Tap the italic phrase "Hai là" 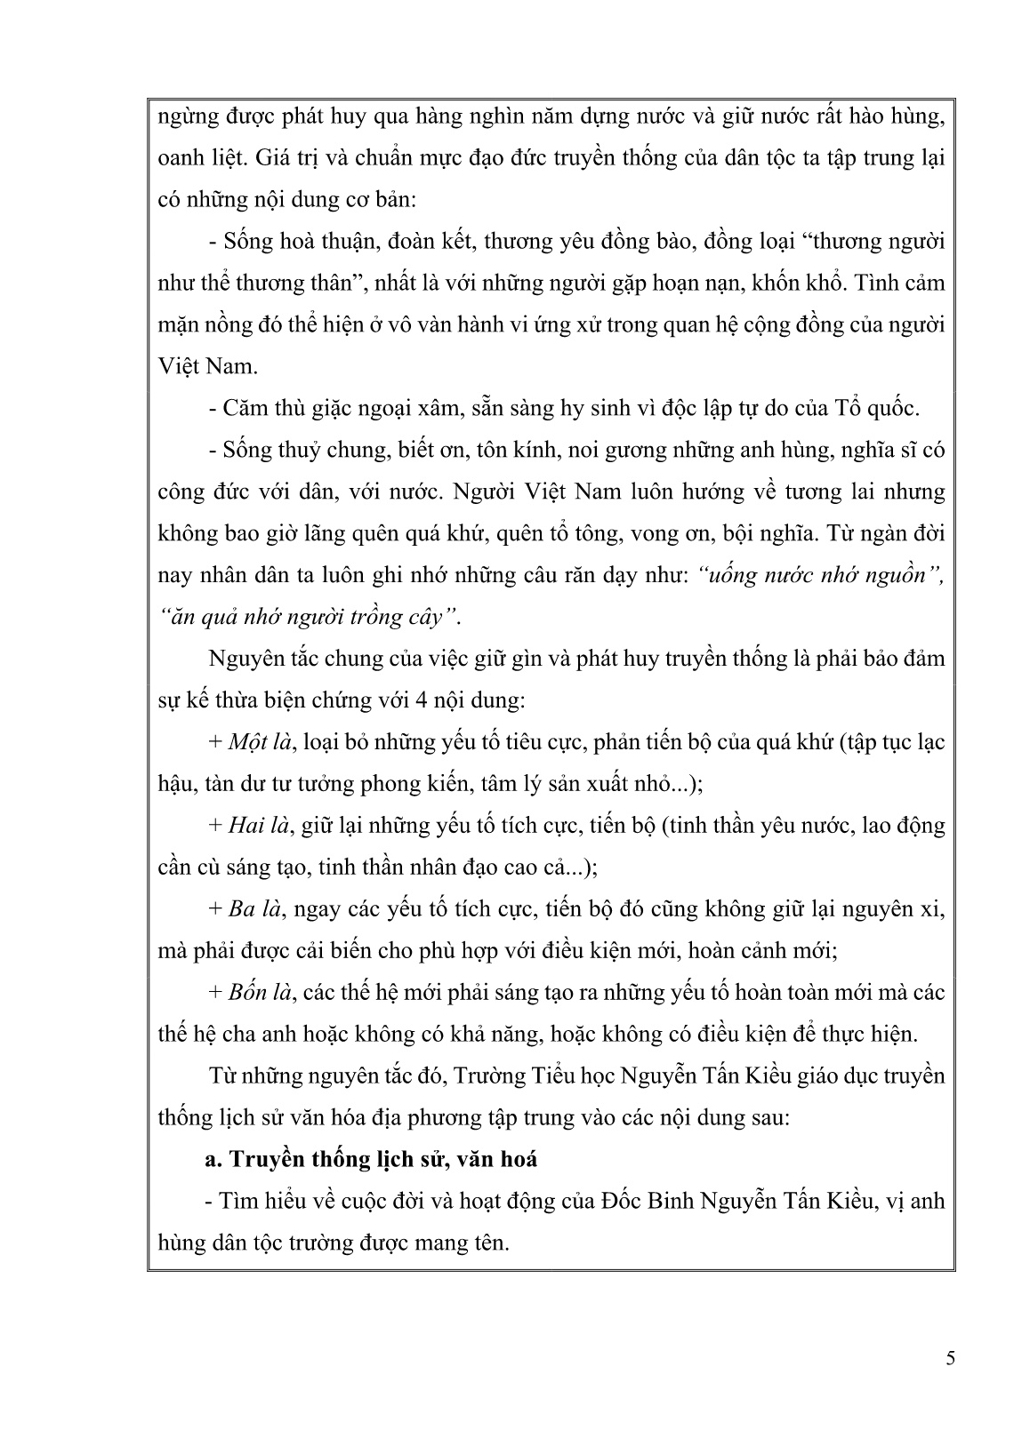point(259,826)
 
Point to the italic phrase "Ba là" point(254,908)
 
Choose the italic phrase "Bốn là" point(260,992)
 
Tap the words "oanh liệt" point(182,158)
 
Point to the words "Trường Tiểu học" point(525,1075)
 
